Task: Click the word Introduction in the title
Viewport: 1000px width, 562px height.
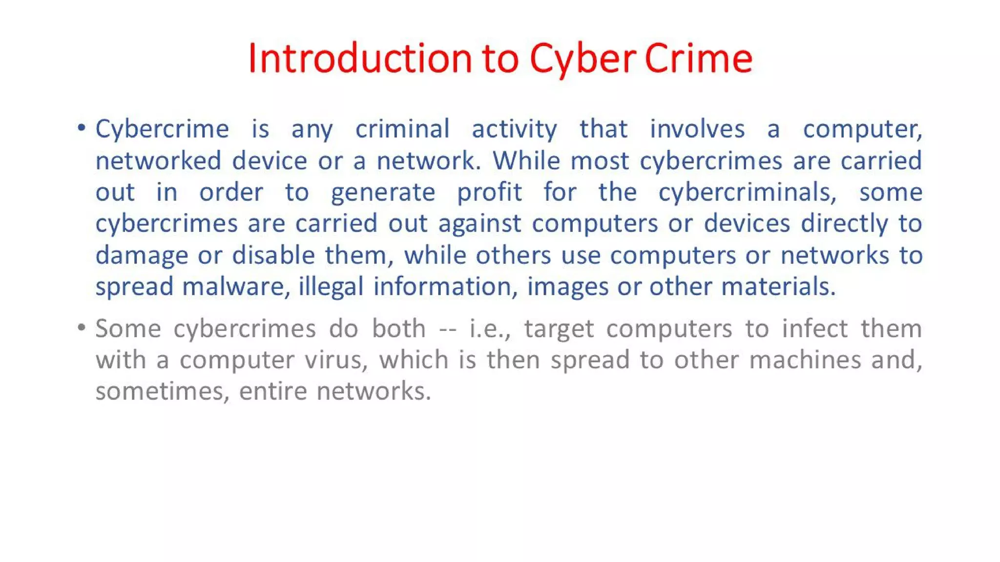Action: (x=360, y=59)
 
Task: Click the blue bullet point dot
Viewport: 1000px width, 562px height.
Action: (x=82, y=128)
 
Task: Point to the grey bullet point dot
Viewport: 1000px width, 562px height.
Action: (x=82, y=327)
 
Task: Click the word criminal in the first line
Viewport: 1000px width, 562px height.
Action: (x=402, y=129)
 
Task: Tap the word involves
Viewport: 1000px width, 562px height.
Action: (x=697, y=129)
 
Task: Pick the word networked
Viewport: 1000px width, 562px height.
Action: (x=158, y=161)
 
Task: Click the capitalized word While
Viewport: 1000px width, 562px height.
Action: (x=526, y=161)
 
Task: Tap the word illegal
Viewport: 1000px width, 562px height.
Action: (x=331, y=287)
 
